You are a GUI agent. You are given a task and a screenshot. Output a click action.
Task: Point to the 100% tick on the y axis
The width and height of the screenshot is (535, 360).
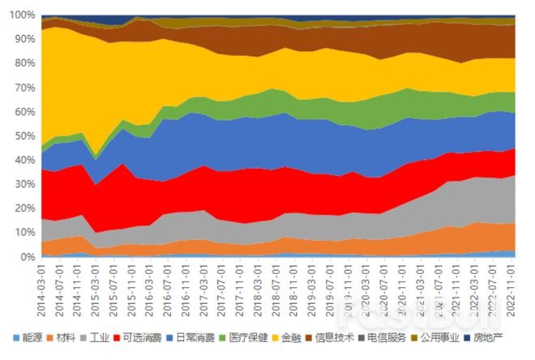pyautogui.click(x=22, y=15)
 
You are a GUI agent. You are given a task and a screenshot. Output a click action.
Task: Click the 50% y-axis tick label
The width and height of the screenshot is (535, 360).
pyautogui.click(x=24, y=136)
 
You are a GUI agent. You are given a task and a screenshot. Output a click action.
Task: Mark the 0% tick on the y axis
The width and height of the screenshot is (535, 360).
pyautogui.click(x=27, y=257)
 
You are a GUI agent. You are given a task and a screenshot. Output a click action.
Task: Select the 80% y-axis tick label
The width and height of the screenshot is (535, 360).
pyautogui.click(x=24, y=63)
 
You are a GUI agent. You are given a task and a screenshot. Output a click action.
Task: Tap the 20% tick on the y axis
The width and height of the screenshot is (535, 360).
pyautogui.click(x=24, y=208)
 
